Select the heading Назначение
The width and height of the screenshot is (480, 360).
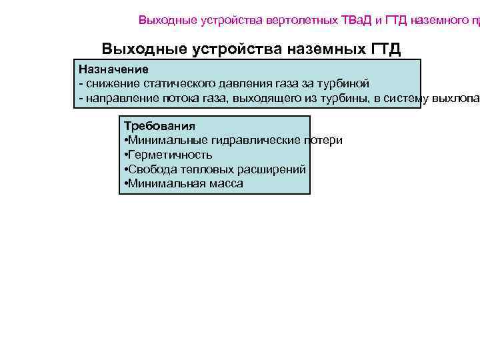(x=113, y=69)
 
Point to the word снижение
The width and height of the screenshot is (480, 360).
(x=109, y=84)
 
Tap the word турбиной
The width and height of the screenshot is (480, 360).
(x=347, y=84)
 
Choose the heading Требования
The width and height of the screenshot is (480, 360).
(x=159, y=125)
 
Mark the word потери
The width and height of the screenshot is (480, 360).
(x=324, y=140)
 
